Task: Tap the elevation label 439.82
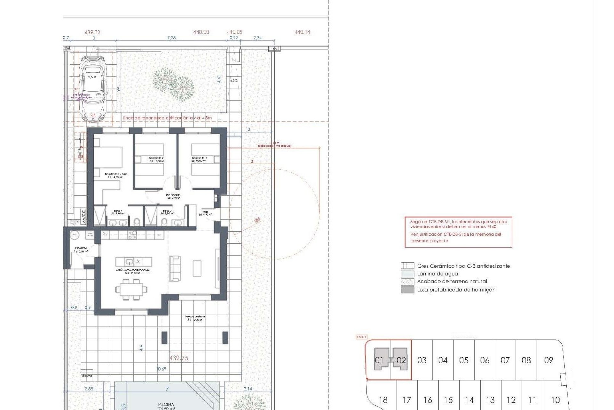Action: point(92,32)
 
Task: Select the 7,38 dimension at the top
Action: point(171,38)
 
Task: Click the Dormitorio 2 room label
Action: point(156,160)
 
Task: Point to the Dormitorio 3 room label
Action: point(199,160)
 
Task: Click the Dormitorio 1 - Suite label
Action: point(116,176)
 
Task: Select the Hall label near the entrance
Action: point(205,213)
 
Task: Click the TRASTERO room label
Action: point(81,250)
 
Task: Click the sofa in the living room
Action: point(175,268)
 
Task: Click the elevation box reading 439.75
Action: point(179,358)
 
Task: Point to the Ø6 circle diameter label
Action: point(257,220)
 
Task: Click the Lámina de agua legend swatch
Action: point(407,274)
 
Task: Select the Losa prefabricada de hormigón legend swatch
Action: point(407,290)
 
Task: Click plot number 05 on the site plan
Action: point(464,360)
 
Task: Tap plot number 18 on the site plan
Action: point(383,400)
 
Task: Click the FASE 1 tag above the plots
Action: point(362,337)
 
